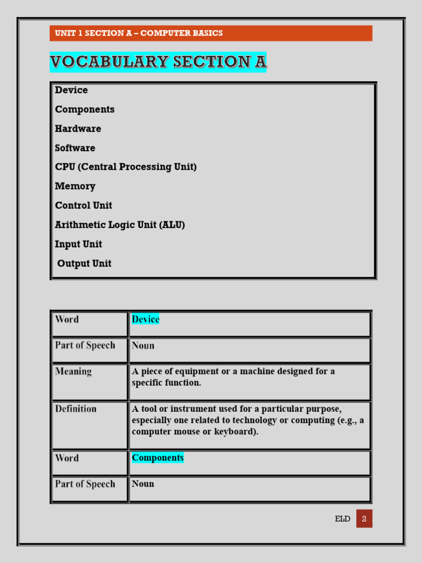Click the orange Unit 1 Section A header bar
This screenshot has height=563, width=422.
point(210,33)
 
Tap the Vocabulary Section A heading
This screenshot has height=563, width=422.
point(158,62)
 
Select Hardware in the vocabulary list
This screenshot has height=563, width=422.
point(78,129)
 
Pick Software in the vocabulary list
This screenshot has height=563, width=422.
point(75,148)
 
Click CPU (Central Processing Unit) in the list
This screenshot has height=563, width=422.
point(125,167)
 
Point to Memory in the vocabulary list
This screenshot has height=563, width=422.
point(75,186)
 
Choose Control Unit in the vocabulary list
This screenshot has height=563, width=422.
point(84,206)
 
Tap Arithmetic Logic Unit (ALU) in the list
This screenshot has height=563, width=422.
point(120,225)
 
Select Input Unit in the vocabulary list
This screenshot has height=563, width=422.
point(79,244)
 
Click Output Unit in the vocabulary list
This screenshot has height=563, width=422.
point(84,263)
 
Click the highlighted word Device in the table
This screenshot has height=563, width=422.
point(146,319)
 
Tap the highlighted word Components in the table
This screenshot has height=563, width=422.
point(158,458)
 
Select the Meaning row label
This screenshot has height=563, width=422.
point(73,372)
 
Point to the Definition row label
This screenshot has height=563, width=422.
point(76,409)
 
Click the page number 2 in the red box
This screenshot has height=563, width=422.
point(364,519)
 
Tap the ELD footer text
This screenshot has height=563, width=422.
point(342,519)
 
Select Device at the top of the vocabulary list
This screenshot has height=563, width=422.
point(71,90)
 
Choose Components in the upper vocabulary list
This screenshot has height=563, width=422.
point(85,109)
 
